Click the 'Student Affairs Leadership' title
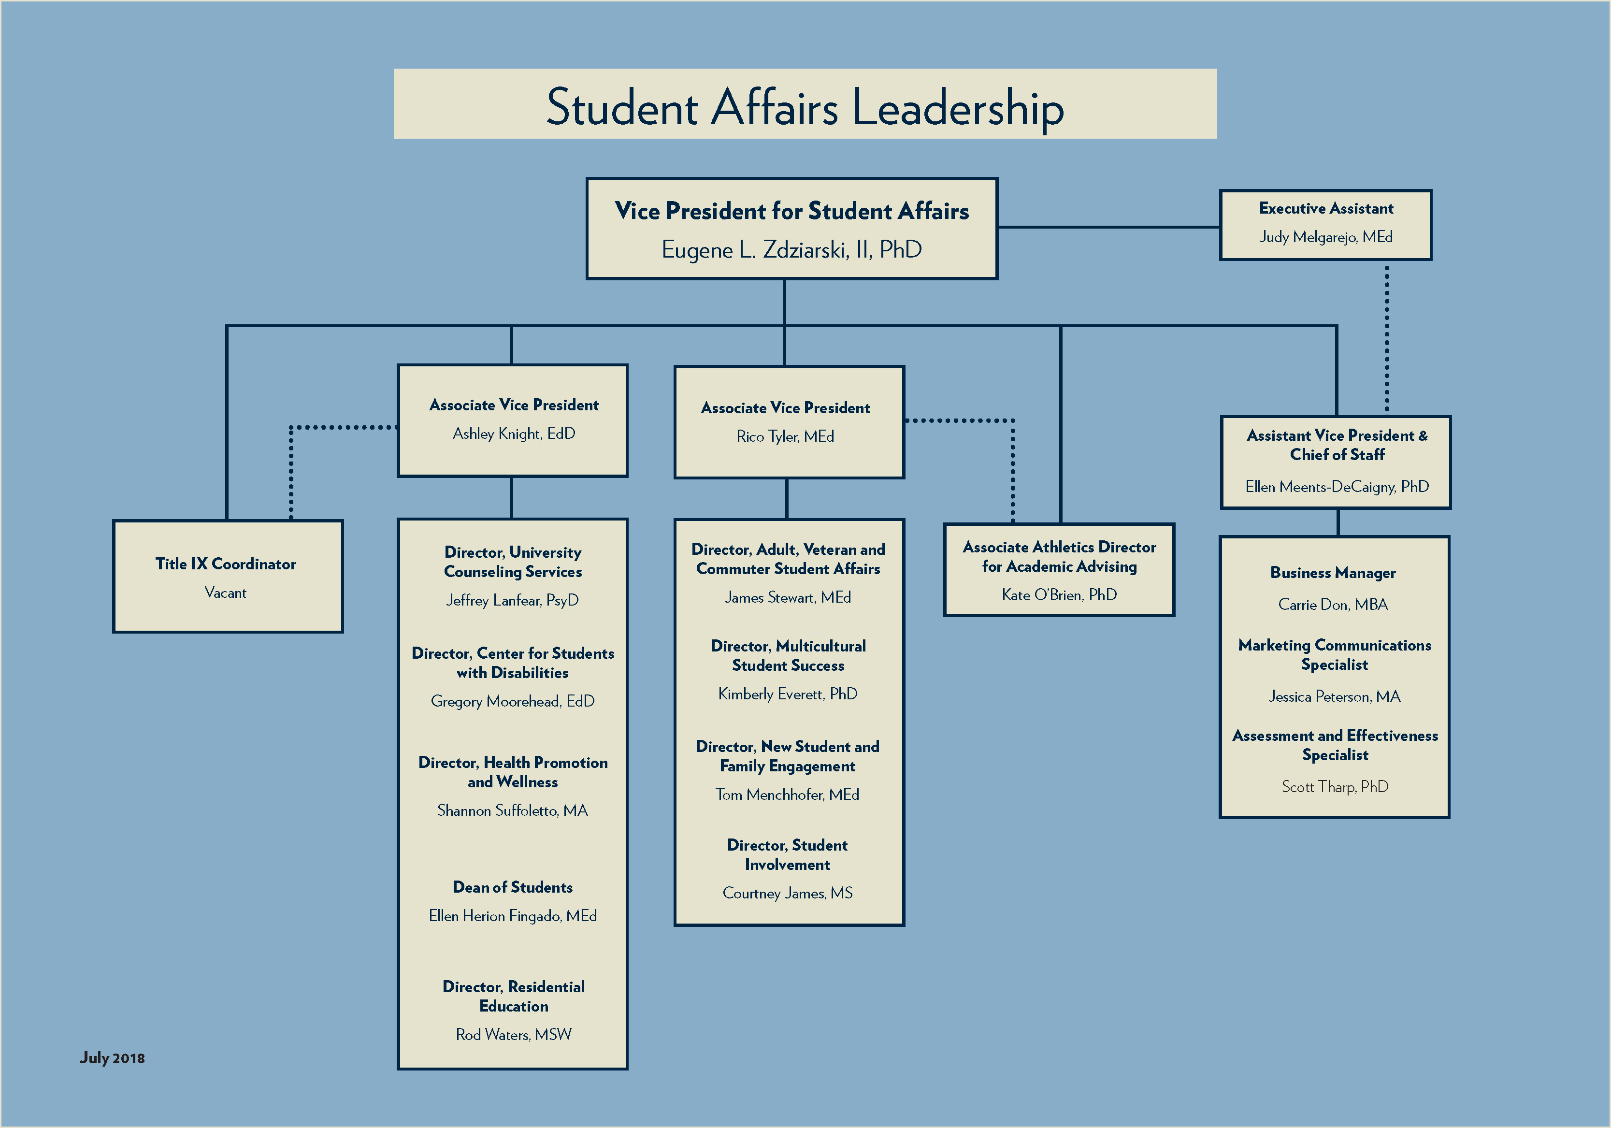coord(805,107)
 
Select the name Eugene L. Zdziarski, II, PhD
coord(791,250)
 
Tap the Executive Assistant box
coord(1325,225)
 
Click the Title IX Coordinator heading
coord(226,564)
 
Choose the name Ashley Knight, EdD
coord(514,434)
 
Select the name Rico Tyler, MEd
coord(785,436)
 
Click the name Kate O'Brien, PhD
coord(1059,595)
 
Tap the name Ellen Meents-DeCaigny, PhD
coord(1337,487)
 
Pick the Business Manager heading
coord(1333,573)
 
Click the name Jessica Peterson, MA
coord(1334,696)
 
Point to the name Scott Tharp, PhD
coord(1335,787)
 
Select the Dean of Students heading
coord(512,887)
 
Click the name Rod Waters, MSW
coord(514,1035)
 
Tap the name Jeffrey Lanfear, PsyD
coord(512,600)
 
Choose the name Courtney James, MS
coord(787,894)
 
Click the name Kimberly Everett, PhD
coord(787,694)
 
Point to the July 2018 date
coord(112,1058)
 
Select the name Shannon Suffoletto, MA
coord(512,811)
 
